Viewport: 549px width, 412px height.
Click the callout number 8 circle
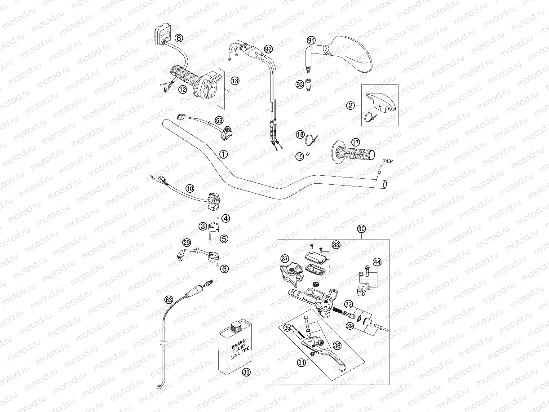(179, 38)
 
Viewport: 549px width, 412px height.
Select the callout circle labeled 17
(356, 142)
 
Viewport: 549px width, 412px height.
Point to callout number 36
(246, 372)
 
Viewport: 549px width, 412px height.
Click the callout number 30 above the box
(362, 229)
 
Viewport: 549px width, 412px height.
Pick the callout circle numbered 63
(168, 299)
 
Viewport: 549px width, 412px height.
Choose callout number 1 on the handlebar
(223, 154)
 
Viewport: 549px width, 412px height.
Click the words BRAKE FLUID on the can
(237, 348)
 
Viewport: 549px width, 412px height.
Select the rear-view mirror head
(353, 53)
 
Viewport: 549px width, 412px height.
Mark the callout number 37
(285, 259)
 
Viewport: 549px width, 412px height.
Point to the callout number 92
(269, 49)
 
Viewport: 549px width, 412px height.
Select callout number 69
(219, 120)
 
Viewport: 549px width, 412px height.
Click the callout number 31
(302, 362)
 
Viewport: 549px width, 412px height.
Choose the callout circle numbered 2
(350, 106)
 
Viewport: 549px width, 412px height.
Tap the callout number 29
(187, 243)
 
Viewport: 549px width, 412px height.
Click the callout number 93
(300, 84)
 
